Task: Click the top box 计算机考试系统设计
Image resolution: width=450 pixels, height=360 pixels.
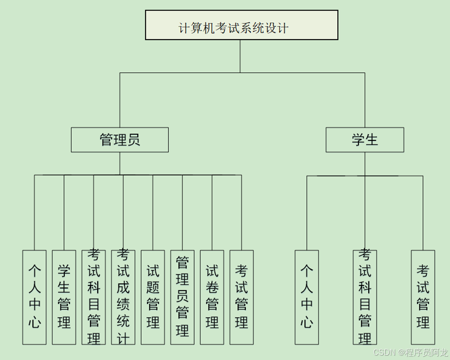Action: click(241, 25)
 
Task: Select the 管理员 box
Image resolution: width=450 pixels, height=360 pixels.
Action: click(120, 140)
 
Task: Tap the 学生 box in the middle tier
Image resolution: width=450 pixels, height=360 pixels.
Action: click(364, 140)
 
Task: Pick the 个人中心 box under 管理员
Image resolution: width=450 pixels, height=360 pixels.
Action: click(34, 297)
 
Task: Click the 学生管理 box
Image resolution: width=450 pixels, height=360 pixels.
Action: click(64, 297)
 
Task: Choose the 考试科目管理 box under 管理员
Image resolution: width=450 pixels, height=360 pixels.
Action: click(93, 297)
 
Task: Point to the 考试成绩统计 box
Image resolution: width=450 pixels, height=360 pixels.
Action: click(123, 297)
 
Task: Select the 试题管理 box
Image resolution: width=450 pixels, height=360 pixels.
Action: click(153, 297)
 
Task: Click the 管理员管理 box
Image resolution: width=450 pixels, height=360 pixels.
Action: click(182, 297)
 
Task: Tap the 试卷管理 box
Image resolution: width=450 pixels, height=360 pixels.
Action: click(212, 297)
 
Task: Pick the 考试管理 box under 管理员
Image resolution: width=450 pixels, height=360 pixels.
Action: click(241, 297)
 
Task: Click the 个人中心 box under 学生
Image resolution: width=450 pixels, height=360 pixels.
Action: click(307, 297)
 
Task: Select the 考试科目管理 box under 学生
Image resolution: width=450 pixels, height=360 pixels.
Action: click(365, 297)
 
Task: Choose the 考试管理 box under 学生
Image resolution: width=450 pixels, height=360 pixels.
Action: click(423, 297)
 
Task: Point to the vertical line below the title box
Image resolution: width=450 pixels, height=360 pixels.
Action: click(240, 56)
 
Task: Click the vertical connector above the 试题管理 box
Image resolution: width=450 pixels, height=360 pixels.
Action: click(153, 213)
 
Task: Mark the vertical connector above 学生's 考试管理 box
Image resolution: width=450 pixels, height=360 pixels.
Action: click(423, 213)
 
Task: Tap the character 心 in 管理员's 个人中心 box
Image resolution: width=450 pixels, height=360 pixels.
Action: click(34, 323)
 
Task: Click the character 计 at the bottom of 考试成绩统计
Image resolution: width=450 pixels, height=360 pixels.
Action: click(123, 338)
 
